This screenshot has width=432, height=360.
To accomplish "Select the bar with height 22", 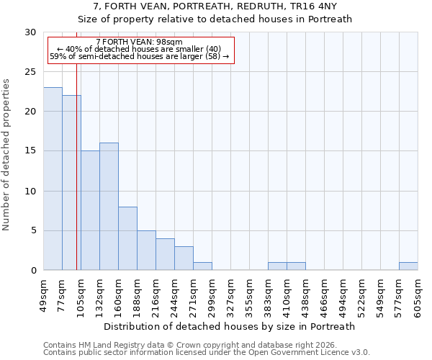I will point(71,183).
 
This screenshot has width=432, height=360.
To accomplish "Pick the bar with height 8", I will point(127,238).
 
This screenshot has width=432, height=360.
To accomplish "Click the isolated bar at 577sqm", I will point(408,266).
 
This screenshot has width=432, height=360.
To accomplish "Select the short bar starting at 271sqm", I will point(202,266).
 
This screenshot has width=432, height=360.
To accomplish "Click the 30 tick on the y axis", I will point(30,32).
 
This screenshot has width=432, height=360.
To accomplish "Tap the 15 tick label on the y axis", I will point(30,151).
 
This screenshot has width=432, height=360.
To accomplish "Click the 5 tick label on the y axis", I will point(33,231).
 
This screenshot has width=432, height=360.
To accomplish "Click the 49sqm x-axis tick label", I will point(44,293).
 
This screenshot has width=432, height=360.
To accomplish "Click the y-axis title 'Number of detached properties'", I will point(6,155).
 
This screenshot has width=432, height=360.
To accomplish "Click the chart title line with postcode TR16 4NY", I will point(215,6).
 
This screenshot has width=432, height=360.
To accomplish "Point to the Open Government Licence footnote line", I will point(207,353).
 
